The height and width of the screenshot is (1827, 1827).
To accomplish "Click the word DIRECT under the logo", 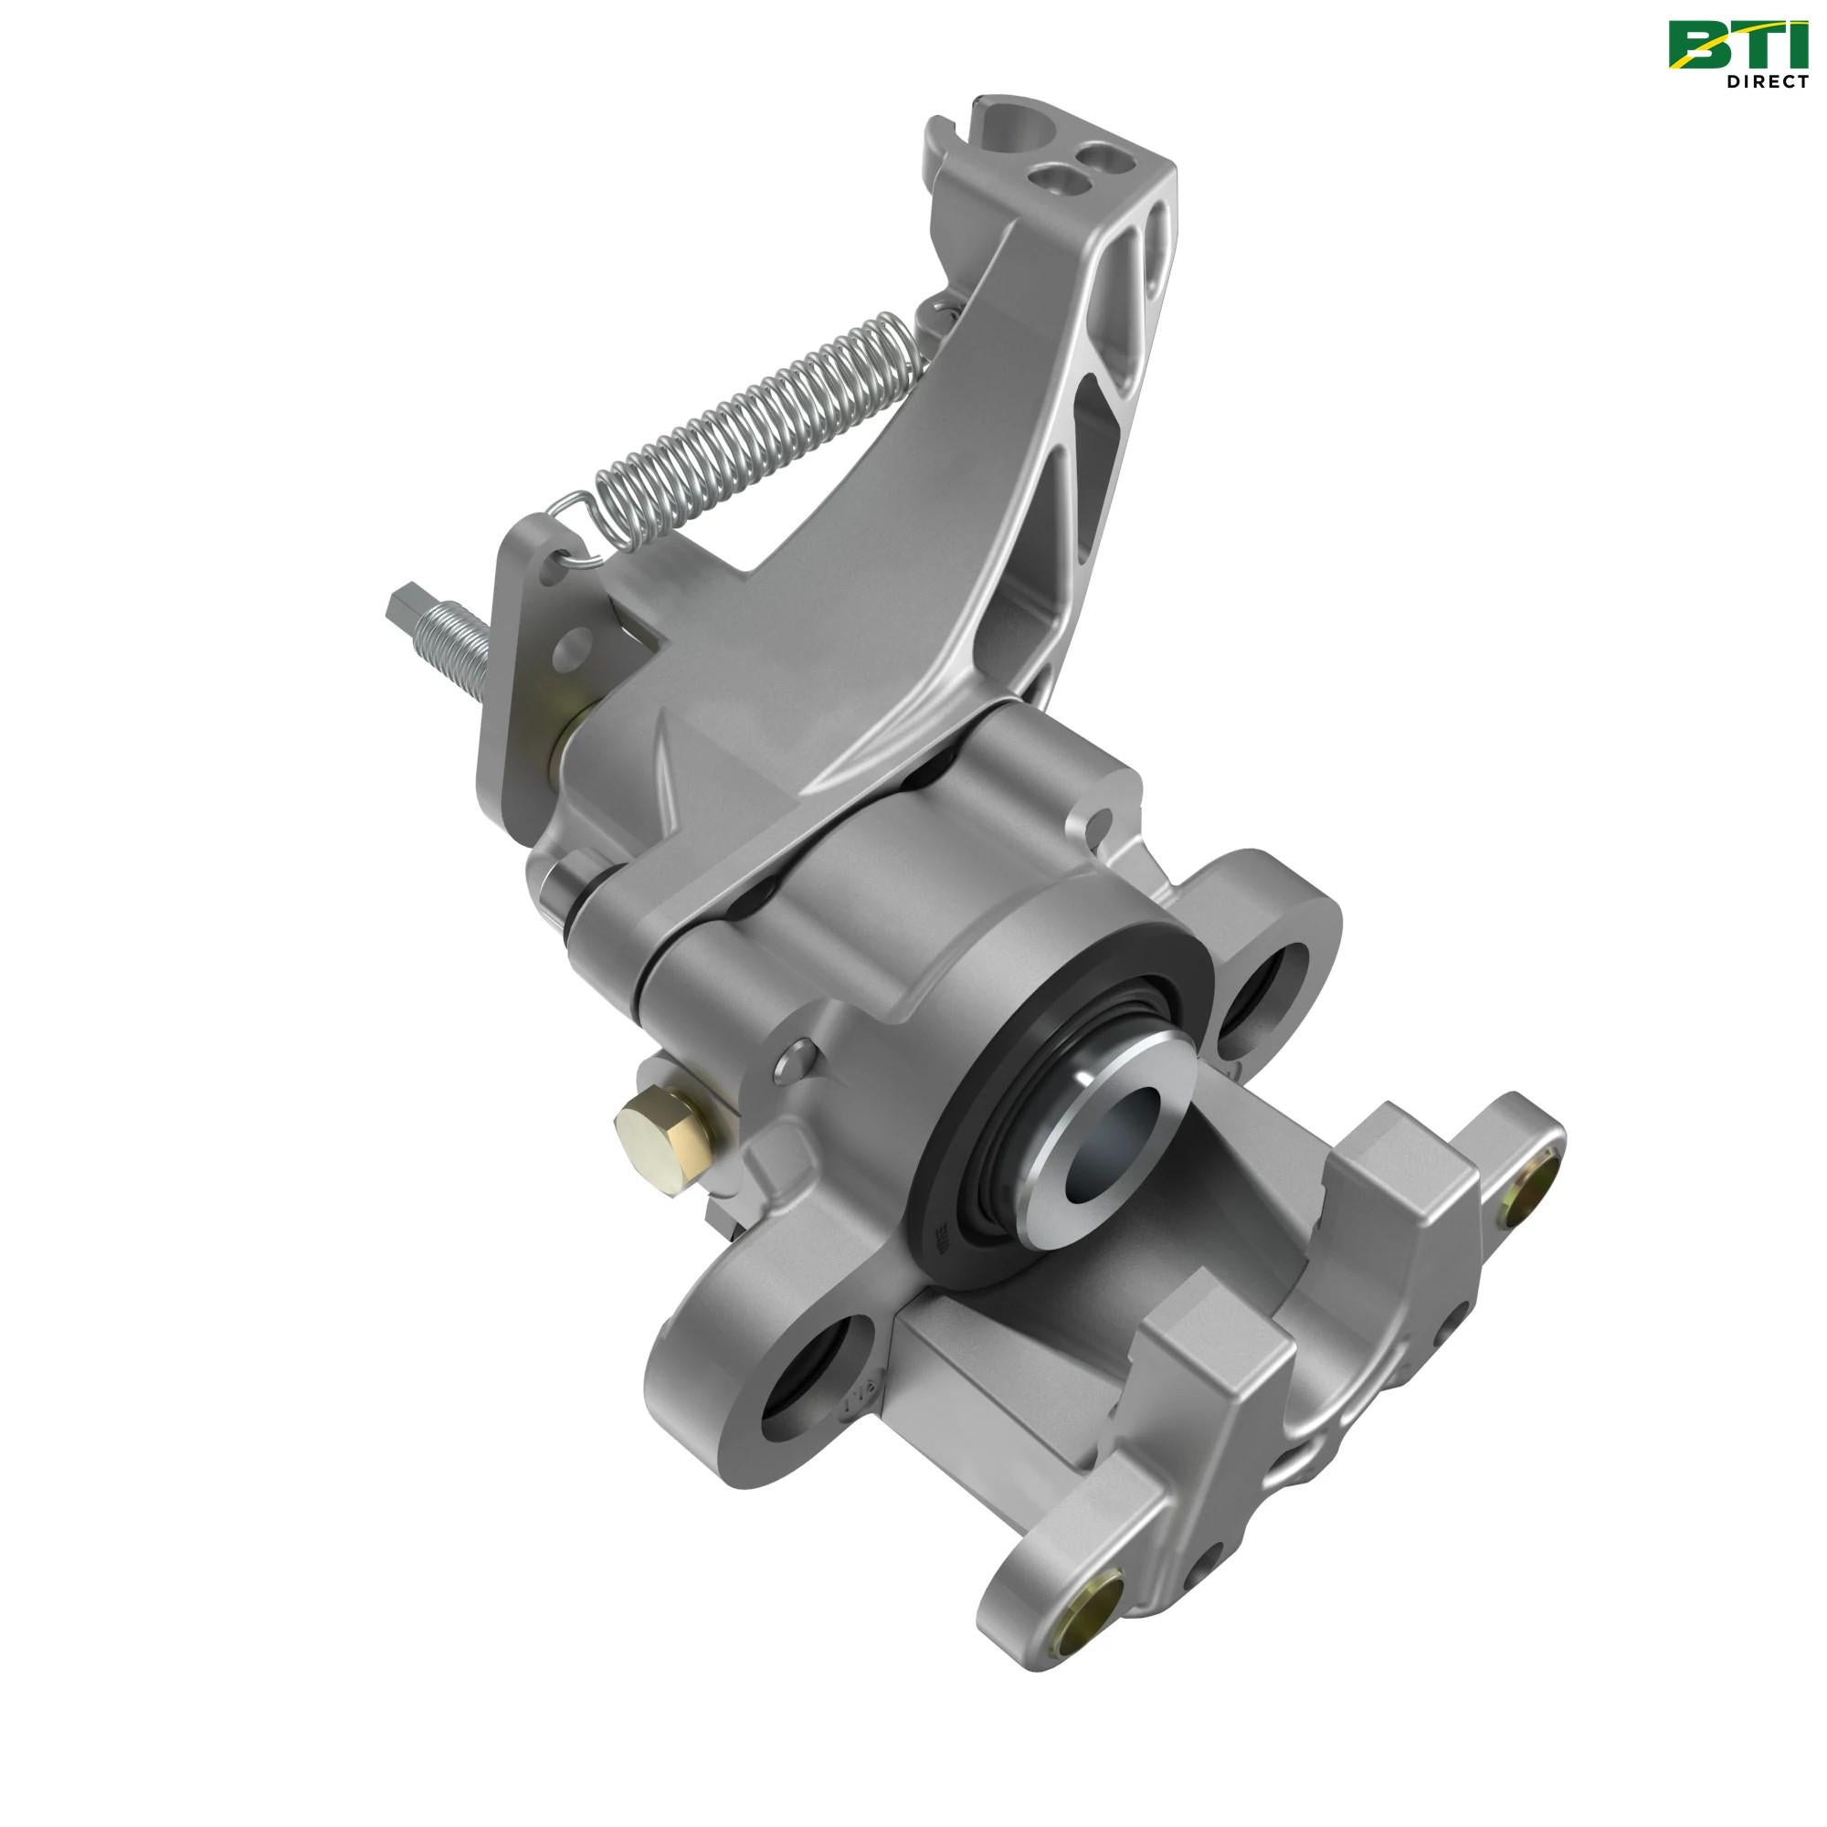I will point(1767,81).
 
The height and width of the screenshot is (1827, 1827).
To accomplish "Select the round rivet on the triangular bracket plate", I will point(573,649).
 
